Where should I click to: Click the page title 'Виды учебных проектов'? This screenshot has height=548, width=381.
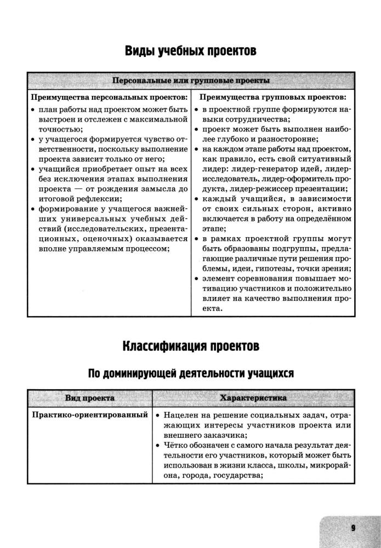pyautogui.click(x=190, y=52)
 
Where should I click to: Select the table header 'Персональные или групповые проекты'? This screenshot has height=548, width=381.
pyautogui.click(x=190, y=81)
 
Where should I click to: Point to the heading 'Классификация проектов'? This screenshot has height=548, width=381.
pyautogui.click(x=190, y=346)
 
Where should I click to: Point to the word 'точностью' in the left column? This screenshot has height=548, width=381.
pyautogui.click(x=60, y=129)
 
